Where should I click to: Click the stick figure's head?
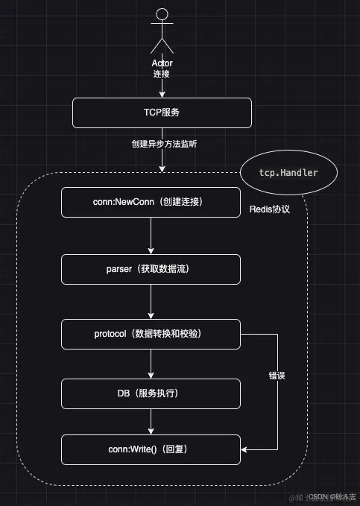162,13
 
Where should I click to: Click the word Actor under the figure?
162,64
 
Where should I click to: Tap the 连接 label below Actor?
162,75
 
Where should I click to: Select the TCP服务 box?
162,113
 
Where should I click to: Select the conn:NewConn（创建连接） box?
151,203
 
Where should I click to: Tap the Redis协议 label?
269,210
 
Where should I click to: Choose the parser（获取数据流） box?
151,269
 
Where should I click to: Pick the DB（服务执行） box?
151,393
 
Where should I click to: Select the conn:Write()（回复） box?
151,449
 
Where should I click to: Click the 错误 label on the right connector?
277,377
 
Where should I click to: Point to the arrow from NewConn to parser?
151,235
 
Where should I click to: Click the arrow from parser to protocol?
151,301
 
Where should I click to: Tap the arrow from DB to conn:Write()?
151,421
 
